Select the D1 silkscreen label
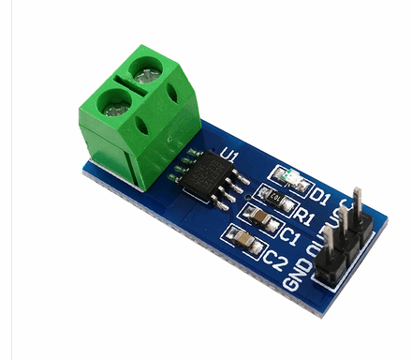tap(321, 197)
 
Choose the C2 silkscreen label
tap(275, 254)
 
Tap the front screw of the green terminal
tap(110, 100)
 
